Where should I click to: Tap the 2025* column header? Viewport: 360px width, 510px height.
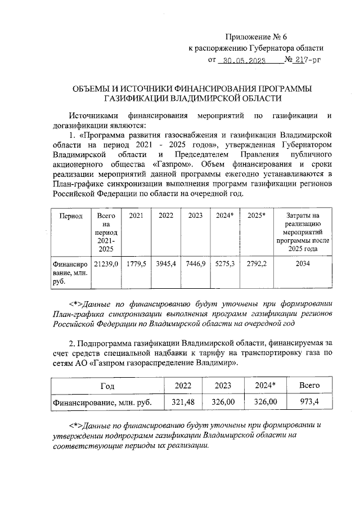tap(256, 216)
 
